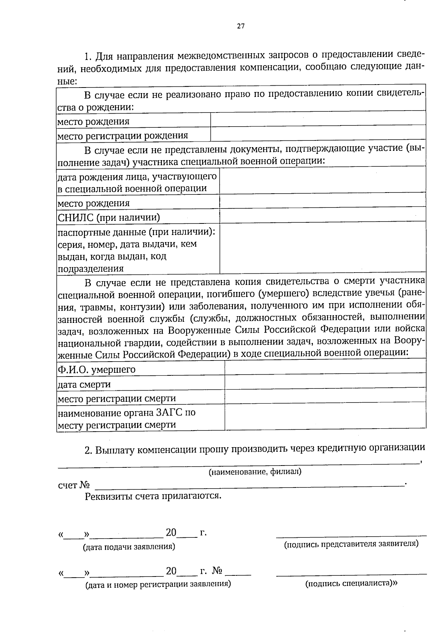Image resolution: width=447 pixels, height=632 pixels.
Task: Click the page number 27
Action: click(241, 26)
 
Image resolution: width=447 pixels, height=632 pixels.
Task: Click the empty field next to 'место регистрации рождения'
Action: click(318, 133)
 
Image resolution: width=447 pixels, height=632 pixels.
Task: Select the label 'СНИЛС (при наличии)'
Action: click(108, 217)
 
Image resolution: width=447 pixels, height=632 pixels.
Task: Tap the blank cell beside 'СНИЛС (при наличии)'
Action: click(323, 215)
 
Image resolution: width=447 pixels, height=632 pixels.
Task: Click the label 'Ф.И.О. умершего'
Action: click(96, 370)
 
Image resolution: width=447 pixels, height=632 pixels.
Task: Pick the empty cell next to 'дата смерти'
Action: click(325, 381)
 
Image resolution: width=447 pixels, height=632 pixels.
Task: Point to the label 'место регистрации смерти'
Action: click(116, 398)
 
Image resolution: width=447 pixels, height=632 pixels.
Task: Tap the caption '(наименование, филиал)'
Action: click(255, 472)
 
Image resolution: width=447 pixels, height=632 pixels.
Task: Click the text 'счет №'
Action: click(74, 485)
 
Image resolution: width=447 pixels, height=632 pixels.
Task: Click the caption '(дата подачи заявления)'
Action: click(129, 547)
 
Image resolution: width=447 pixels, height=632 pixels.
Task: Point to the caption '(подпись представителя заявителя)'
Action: click(351, 544)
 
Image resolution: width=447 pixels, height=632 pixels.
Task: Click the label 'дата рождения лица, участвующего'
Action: click(137, 176)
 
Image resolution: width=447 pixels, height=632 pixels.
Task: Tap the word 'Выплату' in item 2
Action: click(115, 450)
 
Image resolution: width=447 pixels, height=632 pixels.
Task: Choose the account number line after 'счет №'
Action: click(250, 485)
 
